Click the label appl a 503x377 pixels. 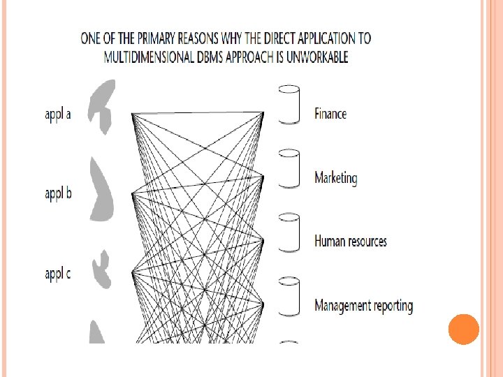(x=58, y=115)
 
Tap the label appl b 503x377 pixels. (x=58, y=193)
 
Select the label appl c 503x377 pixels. (x=58, y=274)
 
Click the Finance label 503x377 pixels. (x=330, y=113)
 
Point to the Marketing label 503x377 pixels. (x=335, y=178)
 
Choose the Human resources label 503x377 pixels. (x=350, y=242)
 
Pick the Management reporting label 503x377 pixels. (x=363, y=305)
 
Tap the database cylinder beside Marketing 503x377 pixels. (x=289, y=168)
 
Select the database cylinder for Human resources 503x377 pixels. (x=289, y=232)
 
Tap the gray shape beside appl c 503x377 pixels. (x=103, y=269)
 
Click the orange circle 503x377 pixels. (x=463, y=330)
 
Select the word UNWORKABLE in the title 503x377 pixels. (x=314, y=57)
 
